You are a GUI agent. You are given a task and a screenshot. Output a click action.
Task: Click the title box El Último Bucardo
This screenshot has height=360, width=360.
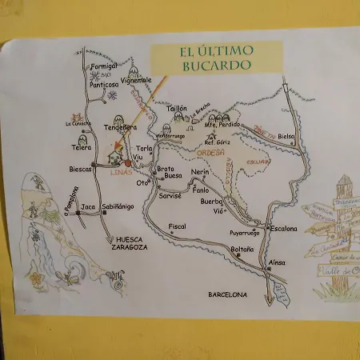coord(216,58)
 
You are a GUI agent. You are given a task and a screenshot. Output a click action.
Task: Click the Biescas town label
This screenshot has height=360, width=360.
coord(81,170)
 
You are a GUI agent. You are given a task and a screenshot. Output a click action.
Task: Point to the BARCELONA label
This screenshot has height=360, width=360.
coord(228,294)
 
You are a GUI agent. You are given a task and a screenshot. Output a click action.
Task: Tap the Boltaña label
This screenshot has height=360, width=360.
coord(242,250)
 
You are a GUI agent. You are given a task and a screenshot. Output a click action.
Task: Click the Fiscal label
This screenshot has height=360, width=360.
coord(177,226)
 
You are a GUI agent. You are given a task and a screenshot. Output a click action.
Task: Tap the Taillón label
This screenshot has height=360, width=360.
coord(176,107)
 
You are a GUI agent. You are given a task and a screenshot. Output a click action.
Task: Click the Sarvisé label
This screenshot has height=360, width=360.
coord(170,195)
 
